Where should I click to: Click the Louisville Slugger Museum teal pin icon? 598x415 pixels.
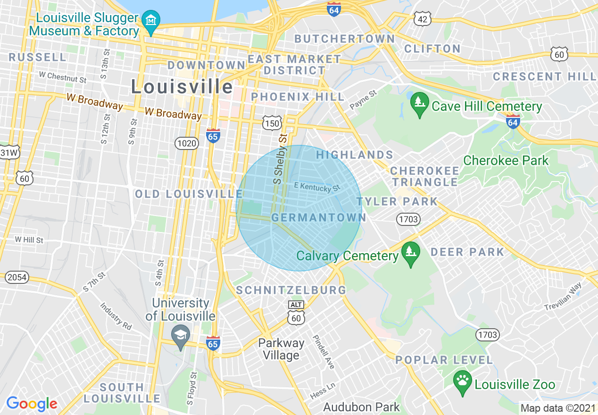(151, 22)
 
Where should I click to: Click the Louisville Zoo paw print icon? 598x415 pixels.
(462, 382)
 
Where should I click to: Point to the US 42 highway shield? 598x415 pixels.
(422, 19)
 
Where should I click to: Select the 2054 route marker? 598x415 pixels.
(17, 277)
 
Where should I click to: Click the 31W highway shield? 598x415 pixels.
(8, 152)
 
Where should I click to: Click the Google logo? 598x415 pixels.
(32, 404)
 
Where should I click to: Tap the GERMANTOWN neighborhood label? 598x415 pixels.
(319, 217)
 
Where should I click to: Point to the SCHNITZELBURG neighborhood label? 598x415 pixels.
(291, 290)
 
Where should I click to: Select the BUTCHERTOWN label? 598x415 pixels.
(345, 39)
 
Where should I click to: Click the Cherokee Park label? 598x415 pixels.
(506, 160)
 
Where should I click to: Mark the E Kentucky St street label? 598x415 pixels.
(317, 187)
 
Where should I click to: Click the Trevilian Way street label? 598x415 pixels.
(563, 296)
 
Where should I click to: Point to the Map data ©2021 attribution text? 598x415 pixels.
(557, 408)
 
